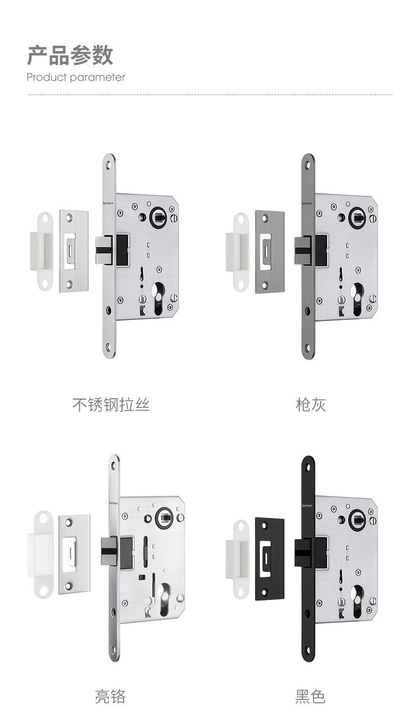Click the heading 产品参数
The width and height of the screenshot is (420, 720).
point(70,55)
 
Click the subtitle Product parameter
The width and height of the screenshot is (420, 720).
point(76,77)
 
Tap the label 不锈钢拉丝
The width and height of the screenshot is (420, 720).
point(111,405)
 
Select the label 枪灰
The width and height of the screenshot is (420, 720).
point(311,405)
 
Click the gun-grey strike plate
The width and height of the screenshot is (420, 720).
point(270,251)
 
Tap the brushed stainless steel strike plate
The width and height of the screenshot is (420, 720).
point(74,251)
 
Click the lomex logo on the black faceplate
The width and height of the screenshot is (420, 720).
point(307,506)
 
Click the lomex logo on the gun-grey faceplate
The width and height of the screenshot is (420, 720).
point(307,203)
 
